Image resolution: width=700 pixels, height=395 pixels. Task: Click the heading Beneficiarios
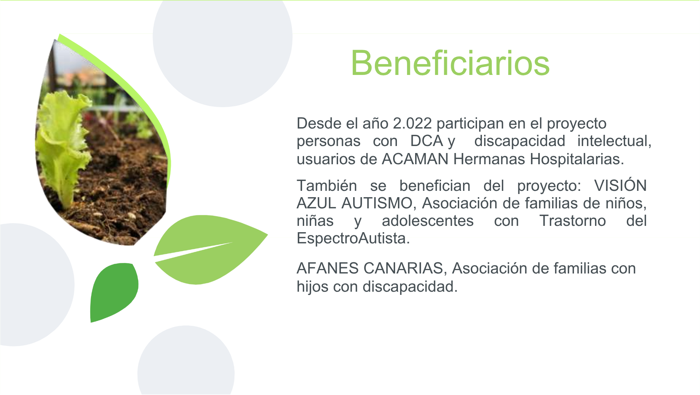(x=450, y=63)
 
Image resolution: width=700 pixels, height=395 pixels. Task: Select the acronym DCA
(x=427, y=141)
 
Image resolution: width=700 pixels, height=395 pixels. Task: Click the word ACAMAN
(x=415, y=159)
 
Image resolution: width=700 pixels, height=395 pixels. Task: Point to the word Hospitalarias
(x=577, y=159)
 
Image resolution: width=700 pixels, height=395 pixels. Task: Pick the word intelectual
(x=614, y=141)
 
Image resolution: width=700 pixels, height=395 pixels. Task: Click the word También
(x=327, y=186)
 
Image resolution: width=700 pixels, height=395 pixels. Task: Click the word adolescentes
(x=428, y=221)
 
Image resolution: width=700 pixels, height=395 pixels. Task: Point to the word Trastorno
(x=573, y=221)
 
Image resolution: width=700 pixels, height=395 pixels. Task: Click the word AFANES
(x=328, y=269)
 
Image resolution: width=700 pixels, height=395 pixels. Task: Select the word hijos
(x=313, y=286)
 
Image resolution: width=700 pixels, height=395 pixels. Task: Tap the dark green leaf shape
(x=114, y=292)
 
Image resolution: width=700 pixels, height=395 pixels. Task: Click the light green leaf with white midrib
(x=210, y=249)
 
